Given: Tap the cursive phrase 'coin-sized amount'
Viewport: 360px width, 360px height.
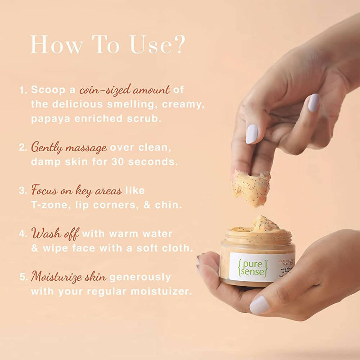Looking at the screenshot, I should [x=125, y=90].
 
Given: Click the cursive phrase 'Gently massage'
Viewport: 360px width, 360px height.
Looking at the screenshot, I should [x=69, y=147].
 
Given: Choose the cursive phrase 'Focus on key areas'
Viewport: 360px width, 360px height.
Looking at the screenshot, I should [x=76, y=190].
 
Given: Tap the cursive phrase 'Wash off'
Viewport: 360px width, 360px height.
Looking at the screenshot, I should [x=55, y=234].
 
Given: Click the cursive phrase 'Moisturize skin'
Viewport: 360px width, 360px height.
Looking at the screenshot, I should [x=69, y=276].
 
